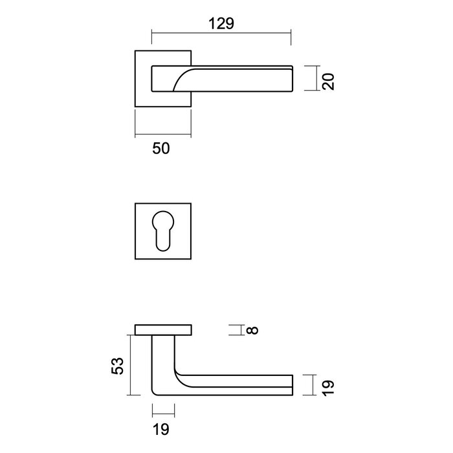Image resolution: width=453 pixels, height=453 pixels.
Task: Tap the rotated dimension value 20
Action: click(x=328, y=81)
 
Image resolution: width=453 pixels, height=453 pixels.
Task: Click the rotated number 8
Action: click(x=252, y=330)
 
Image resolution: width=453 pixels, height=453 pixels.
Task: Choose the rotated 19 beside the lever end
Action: click(x=328, y=388)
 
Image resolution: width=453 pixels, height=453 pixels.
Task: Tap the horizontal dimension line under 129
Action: click(x=221, y=34)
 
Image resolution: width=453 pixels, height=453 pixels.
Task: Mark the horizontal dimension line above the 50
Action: click(x=162, y=137)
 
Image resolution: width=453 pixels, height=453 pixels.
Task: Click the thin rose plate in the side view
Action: click(x=163, y=330)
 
